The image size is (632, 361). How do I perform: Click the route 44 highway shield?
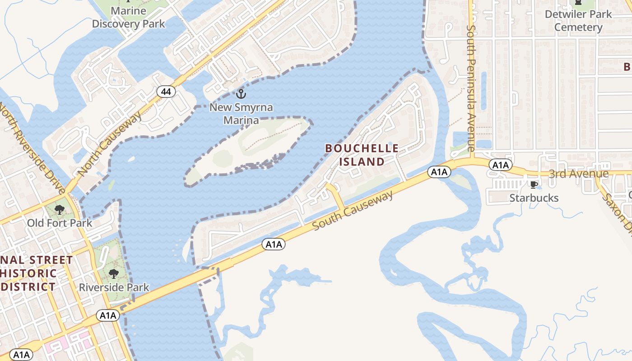pyautogui.click(x=166, y=92)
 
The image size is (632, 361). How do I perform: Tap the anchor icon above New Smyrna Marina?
pyautogui.click(x=241, y=94)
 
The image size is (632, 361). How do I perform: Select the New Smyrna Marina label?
pyautogui.click(x=235, y=114)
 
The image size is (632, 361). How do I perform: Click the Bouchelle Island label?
pyautogui.click(x=362, y=155)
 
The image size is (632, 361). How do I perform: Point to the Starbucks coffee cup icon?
pyautogui.click(x=534, y=185)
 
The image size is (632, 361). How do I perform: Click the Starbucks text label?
pyautogui.click(x=534, y=198)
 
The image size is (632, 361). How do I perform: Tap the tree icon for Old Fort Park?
pyautogui.click(x=59, y=210)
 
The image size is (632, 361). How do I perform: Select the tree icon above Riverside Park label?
pyautogui.click(x=113, y=274)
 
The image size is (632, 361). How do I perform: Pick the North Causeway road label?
pyautogui.click(x=110, y=144)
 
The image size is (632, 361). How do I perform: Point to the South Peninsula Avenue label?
pyautogui.click(x=471, y=88)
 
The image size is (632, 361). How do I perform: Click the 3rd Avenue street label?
pyautogui.click(x=572, y=174)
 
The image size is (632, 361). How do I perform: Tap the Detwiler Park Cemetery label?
pyautogui.click(x=578, y=21)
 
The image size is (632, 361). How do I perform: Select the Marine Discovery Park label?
pyautogui.click(x=129, y=17)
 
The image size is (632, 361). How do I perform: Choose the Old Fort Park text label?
pyautogui.click(x=60, y=223)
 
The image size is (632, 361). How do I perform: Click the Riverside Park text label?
pyautogui.click(x=114, y=287)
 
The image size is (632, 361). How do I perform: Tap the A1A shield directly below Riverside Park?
pyautogui.click(x=108, y=315)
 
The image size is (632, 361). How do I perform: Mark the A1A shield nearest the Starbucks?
pyautogui.click(x=501, y=165)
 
